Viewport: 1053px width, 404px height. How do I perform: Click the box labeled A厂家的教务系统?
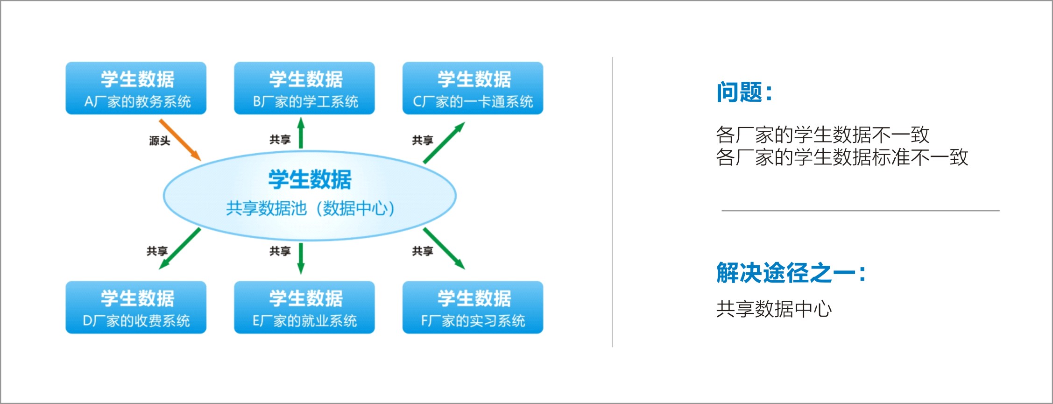136,88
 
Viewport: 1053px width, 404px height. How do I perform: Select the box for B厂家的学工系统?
304,88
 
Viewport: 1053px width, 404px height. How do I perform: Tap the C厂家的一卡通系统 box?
473,88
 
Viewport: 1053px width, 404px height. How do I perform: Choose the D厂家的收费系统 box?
136,307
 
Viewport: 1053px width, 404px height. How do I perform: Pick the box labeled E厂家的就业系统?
304,307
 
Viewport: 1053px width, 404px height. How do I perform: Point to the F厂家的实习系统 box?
473,307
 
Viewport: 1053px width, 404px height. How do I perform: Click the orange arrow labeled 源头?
180,140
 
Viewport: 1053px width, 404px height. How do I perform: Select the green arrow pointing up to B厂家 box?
301,134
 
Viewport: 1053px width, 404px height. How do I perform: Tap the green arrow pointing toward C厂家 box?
444,143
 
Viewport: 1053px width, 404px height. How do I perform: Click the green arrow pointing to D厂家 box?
180,248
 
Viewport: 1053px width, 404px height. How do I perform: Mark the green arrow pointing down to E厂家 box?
301,257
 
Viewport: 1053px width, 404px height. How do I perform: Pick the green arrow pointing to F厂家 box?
444,248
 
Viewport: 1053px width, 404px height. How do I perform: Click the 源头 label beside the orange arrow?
159,141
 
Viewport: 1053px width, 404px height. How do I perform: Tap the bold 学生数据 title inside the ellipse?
310,179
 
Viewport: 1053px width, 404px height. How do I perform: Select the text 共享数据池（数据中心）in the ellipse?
310,208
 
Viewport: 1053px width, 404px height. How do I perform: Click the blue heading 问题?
744,92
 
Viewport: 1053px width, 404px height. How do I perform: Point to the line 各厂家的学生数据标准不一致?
841,157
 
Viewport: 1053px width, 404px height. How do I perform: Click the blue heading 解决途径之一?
791,273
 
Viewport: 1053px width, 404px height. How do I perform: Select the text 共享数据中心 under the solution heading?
774,309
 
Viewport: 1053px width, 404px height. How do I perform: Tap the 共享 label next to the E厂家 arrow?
280,251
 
